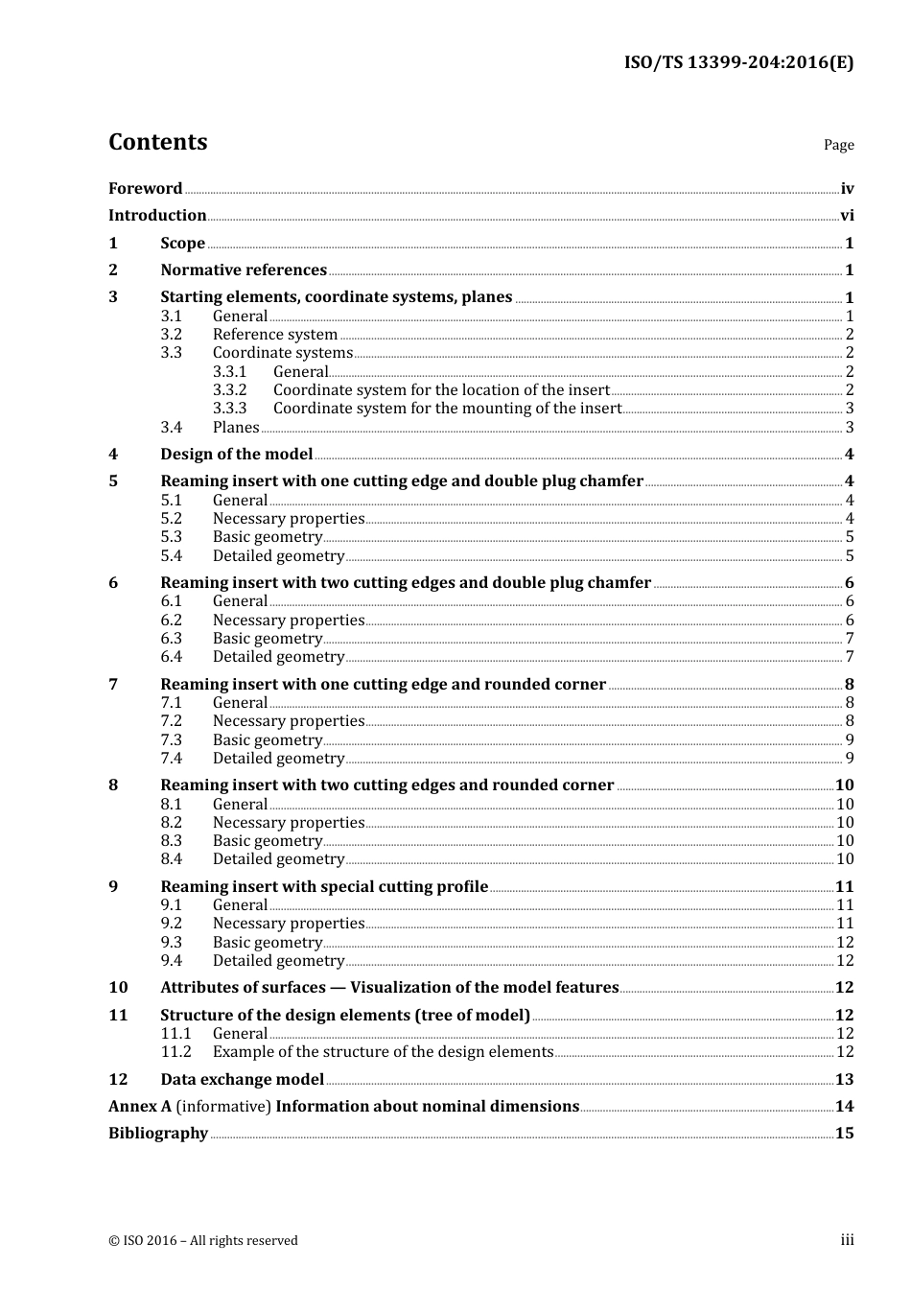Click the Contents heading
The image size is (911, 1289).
pyautogui.click(x=157, y=142)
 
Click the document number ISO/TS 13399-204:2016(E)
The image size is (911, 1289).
pyautogui.click(x=738, y=63)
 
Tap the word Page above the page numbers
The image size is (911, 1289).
pyautogui.click(x=838, y=145)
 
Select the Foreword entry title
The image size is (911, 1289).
pyautogui.click(x=145, y=189)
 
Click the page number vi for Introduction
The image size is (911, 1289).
pyautogui.click(x=847, y=216)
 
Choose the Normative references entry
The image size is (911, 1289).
pyautogui.click(x=244, y=270)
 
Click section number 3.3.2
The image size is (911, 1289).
pyautogui.click(x=229, y=390)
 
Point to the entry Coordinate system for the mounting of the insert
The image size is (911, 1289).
pyautogui.click(x=447, y=409)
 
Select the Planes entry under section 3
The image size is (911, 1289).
pyautogui.click(x=236, y=428)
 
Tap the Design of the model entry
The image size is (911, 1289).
pyautogui.click(x=236, y=455)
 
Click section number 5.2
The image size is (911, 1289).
pyautogui.click(x=171, y=519)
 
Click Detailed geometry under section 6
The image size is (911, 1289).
pyautogui.click(x=278, y=657)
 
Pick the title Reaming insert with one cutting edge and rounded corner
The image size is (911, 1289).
pyautogui.click(x=383, y=685)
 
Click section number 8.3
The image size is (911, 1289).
pyautogui.click(x=171, y=841)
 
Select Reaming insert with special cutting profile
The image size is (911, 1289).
pyautogui.click(x=324, y=887)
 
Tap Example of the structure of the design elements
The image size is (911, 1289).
pyautogui.click(x=383, y=1052)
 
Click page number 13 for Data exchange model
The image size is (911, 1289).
pyautogui.click(x=844, y=1080)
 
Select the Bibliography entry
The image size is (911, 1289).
pyautogui.click(x=158, y=1134)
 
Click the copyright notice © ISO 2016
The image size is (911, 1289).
pyautogui.click(x=203, y=1241)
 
